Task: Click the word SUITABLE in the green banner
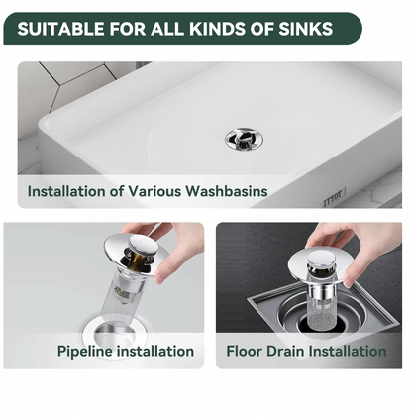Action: [61, 29]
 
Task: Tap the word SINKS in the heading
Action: [305, 29]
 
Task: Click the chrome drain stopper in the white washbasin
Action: [244, 139]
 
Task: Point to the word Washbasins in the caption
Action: [227, 191]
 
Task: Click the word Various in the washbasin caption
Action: [154, 191]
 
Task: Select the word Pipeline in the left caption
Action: [85, 351]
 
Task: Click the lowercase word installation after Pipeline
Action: [155, 351]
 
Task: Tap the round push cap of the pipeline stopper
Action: [142, 245]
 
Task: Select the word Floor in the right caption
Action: [244, 351]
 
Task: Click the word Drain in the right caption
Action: [285, 351]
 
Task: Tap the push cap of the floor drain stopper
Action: [321, 259]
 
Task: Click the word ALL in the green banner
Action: [167, 29]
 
